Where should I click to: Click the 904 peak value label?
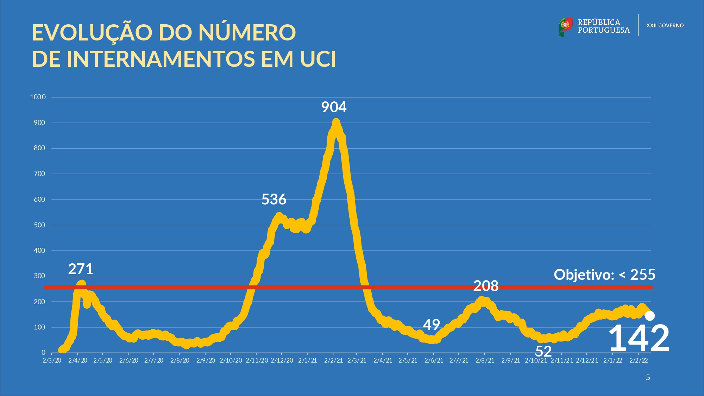[x=334, y=107]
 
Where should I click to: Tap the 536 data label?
[x=274, y=200]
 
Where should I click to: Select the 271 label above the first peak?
[x=81, y=269]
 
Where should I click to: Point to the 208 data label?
[x=486, y=286]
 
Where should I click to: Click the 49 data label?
[x=431, y=325]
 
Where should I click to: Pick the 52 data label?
[x=543, y=351]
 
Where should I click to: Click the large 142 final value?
[x=639, y=338]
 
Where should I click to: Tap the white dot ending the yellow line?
[x=650, y=316]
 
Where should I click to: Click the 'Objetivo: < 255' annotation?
[x=604, y=275]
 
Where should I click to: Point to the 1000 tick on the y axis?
[x=38, y=97]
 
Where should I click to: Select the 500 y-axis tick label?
[x=39, y=225]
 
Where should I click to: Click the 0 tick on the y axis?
[x=43, y=352]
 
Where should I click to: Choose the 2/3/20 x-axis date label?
[x=52, y=360]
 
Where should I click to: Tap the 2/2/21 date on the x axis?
[x=333, y=360]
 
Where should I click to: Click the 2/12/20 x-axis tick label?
[x=282, y=360]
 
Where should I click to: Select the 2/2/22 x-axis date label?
[x=639, y=360]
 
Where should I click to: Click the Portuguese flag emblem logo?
[x=565, y=27]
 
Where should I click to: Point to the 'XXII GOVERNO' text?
[x=665, y=26]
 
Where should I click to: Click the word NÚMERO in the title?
[x=247, y=32]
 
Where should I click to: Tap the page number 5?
[x=648, y=378]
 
